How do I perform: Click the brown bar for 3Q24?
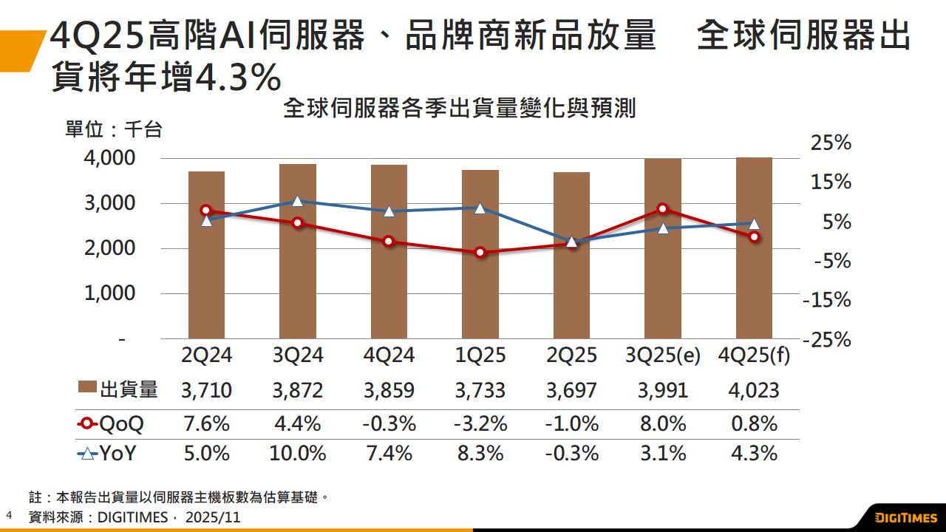point(297,251)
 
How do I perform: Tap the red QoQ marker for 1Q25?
point(480,253)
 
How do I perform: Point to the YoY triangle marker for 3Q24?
point(297,201)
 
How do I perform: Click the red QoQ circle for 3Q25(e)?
point(663,209)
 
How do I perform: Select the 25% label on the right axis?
point(831,143)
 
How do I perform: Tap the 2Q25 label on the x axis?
point(571,356)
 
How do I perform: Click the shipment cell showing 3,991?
point(663,390)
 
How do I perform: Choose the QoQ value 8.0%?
point(663,424)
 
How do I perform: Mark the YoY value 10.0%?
point(299,453)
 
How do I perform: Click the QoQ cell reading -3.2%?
point(480,424)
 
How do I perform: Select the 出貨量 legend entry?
point(118,390)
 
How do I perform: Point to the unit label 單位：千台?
point(113,130)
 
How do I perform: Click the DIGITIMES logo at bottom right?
point(905,516)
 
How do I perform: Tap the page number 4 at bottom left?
point(9,514)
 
